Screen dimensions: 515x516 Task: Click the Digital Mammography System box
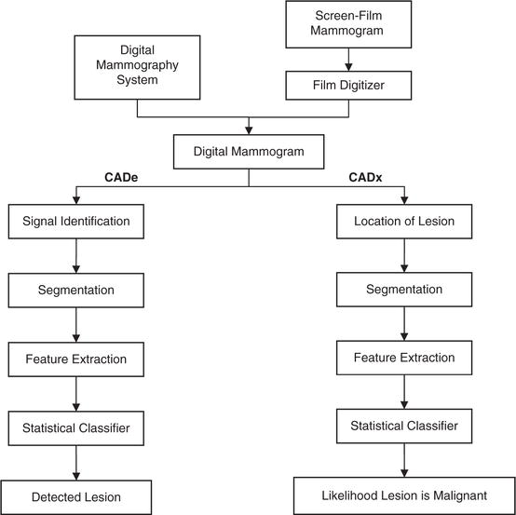pos(138,65)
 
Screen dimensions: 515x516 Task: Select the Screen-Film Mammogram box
pos(349,25)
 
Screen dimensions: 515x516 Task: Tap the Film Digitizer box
pos(349,87)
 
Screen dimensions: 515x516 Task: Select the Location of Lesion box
pos(403,222)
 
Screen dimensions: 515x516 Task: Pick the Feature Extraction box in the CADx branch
pos(403,359)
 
